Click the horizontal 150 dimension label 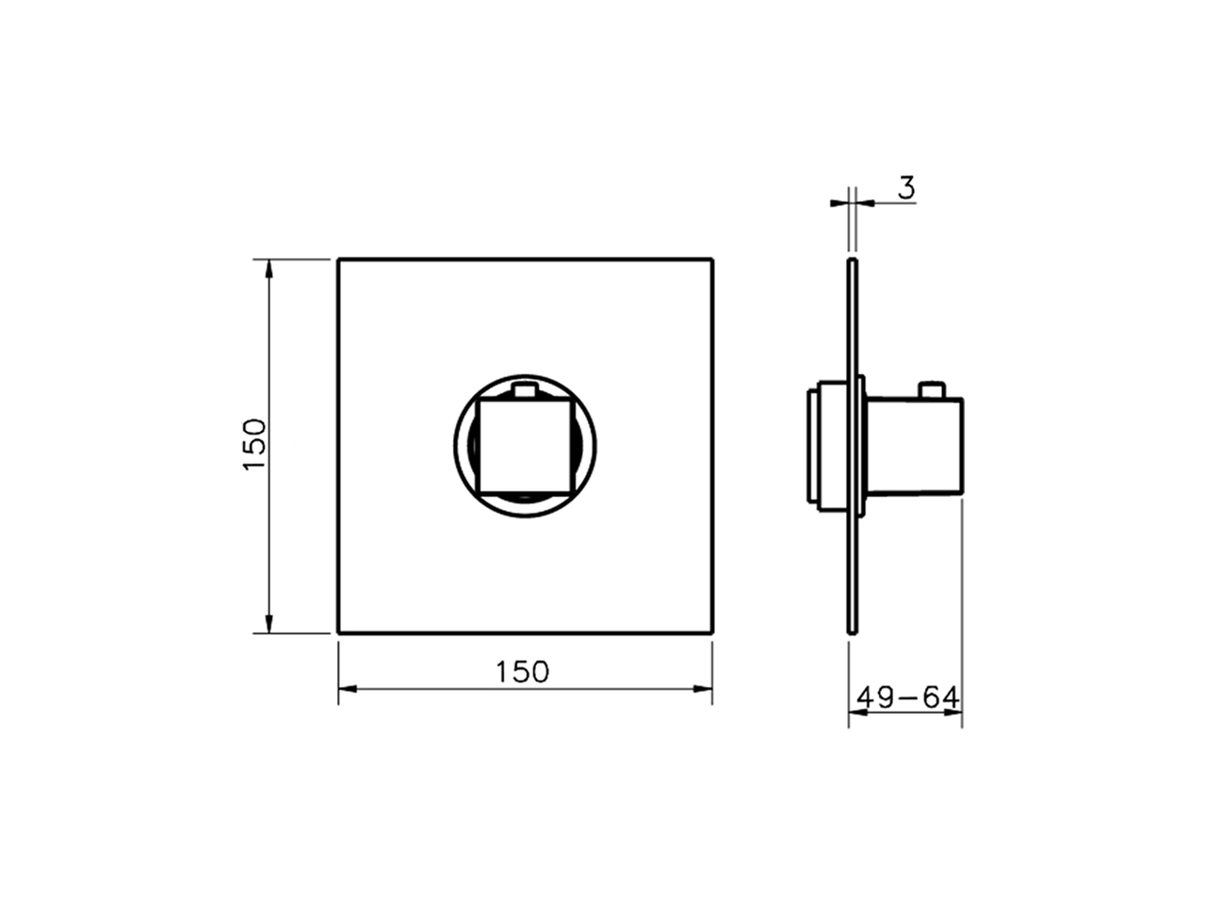pyautogui.click(x=522, y=671)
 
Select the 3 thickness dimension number pyautogui.click(x=905, y=188)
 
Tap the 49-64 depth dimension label pyautogui.click(x=907, y=698)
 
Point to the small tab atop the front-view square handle pyautogui.click(x=526, y=388)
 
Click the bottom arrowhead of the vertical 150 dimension pyautogui.click(x=269, y=623)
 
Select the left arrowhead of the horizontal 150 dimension pyautogui.click(x=348, y=688)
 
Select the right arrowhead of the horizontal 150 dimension pyautogui.click(x=703, y=688)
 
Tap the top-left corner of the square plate pyautogui.click(x=339, y=258)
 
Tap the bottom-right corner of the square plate pyautogui.click(x=711, y=632)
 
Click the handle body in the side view pyautogui.click(x=914, y=445)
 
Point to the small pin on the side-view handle pyautogui.click(x=932, y=389)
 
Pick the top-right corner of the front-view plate pyautogui.click(x=711, y=258)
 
